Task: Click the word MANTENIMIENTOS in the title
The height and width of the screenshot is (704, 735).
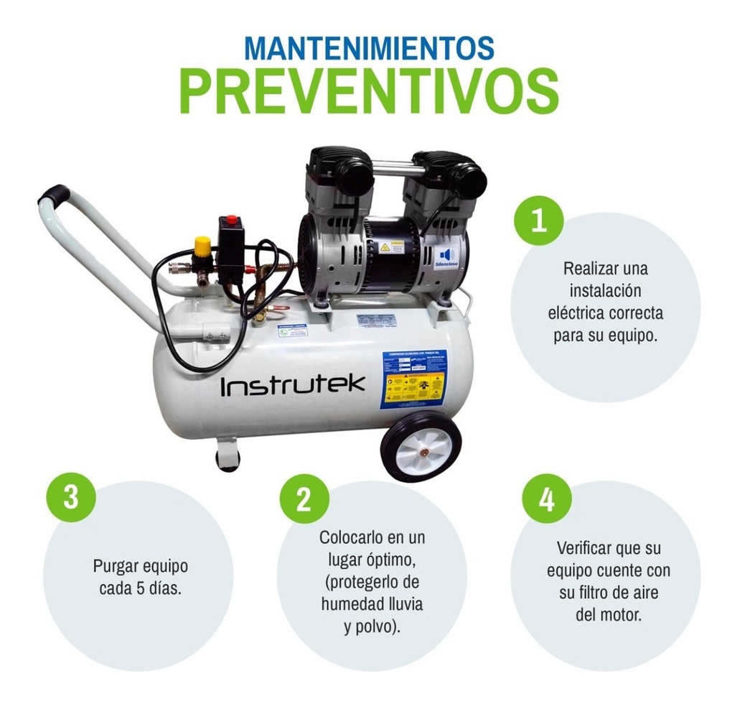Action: click(x=369, y=46)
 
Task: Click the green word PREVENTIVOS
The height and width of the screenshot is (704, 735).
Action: click(x=369, y=90)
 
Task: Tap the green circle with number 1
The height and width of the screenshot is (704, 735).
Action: click(x=538, y=220)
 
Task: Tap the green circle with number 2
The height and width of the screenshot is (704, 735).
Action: click(x=304, y=498)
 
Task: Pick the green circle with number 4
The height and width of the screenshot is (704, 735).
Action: click(x=547, y=498)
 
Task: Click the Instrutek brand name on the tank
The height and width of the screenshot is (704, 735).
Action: click(x=292, y=386)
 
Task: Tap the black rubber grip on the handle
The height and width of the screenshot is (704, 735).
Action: click(x=54, y=194)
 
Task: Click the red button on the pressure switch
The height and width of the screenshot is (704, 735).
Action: click(x=230, y=221)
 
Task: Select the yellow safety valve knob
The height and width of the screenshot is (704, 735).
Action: click(x=203, y=246)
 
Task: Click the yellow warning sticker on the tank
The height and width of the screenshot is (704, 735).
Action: click(x=413, y=389)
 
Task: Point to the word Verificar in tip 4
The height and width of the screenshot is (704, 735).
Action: click(x=585, y=548)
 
